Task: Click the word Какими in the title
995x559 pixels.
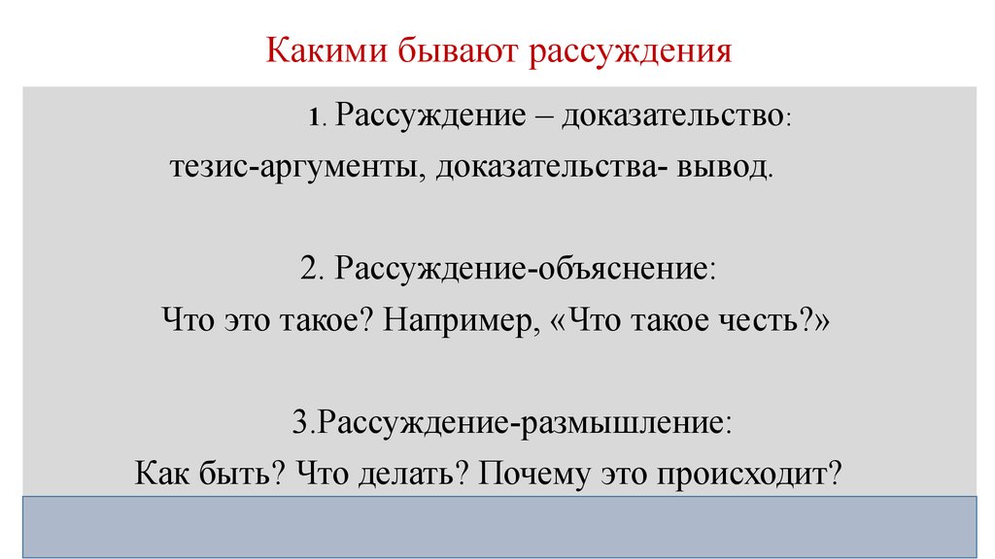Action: point(326,49)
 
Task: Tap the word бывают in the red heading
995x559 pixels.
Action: point(459,49)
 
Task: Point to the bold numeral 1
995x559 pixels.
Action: point(314,117)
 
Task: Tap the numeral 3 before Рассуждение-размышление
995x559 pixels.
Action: point(299,422)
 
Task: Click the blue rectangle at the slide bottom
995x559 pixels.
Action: point(499,527)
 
